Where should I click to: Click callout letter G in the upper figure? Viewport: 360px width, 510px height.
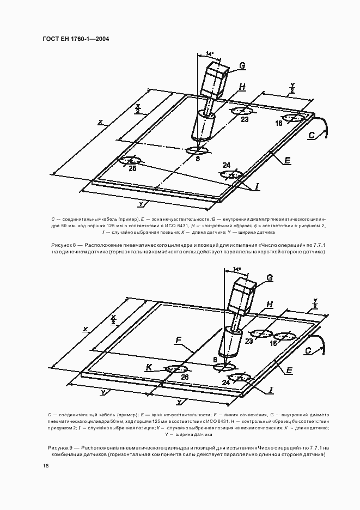[x=242, y=66]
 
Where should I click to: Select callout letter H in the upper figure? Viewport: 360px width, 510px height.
[x=242, y=87]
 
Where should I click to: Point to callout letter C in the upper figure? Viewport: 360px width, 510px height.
[x=312, y=135]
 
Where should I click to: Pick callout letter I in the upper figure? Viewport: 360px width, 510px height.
[x=257, y=186]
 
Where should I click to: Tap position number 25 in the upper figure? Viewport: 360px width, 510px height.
[x=132, y=168]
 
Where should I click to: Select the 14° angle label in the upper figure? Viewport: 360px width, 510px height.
[x=210, y=53]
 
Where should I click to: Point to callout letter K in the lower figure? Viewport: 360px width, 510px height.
[x=148, y=368]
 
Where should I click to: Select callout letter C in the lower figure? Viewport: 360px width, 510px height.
[x=308, y=352]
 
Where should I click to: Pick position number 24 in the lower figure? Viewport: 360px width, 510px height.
[x=226, y=382]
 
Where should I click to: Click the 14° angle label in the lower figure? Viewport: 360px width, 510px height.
[x=236, y=269]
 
